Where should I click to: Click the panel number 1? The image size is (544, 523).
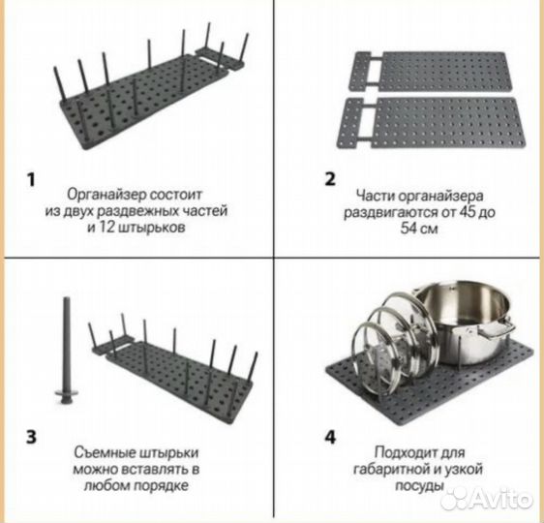coord(32,180)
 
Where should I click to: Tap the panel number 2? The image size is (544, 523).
coord(330,179)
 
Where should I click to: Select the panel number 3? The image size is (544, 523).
coord(31,437)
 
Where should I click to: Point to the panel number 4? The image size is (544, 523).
coord(330,437)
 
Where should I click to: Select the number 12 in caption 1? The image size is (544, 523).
coord(106,228)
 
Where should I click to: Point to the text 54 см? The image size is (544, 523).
coord(419,229)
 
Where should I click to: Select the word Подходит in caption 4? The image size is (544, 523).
coord(403,453)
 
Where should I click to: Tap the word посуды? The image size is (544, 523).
coord(419,486)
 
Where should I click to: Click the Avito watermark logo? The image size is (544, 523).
coord(486,499)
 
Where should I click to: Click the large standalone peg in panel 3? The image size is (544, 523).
coord(66,351)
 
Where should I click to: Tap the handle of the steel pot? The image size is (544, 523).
coord(497,330)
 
